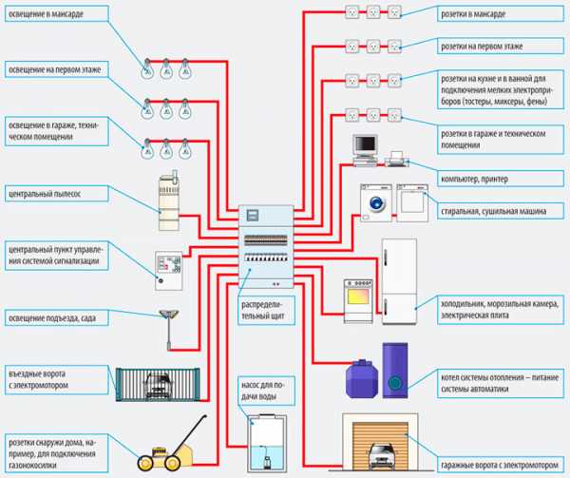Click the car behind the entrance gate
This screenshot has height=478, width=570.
click(x=156, y=379)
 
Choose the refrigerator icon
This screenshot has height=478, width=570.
click(x=399, y=280)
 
